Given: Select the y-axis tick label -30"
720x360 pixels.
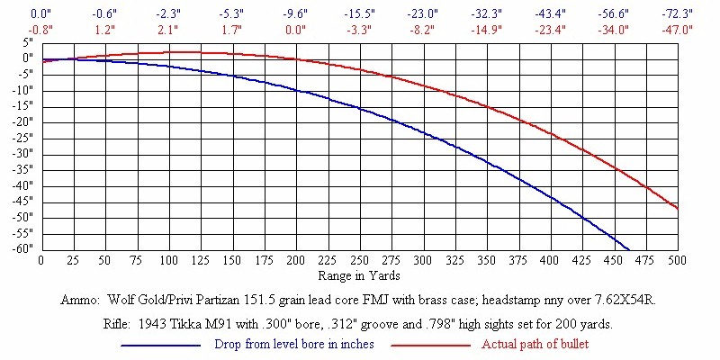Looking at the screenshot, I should [23, 154].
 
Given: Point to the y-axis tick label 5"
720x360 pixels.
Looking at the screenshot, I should [29, 42].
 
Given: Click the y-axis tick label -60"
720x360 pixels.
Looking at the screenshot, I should [23, 249].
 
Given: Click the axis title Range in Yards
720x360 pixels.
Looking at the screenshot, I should [359, 274].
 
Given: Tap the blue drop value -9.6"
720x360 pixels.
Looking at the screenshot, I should [295, 15].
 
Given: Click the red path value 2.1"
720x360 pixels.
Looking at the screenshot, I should [167, 29].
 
